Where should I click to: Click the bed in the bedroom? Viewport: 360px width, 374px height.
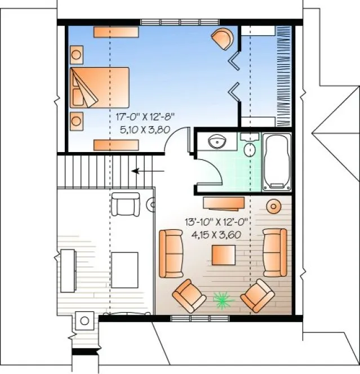(100, 87)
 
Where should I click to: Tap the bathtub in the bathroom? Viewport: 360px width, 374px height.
(277, 162)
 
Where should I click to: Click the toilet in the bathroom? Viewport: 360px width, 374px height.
(249, 147)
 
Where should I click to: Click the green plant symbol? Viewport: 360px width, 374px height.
(224, 300)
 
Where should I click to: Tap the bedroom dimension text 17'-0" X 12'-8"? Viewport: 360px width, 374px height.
(145, 117)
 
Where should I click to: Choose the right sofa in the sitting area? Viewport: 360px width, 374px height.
(275, 252)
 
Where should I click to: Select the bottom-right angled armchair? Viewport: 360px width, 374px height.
(257, 295)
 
